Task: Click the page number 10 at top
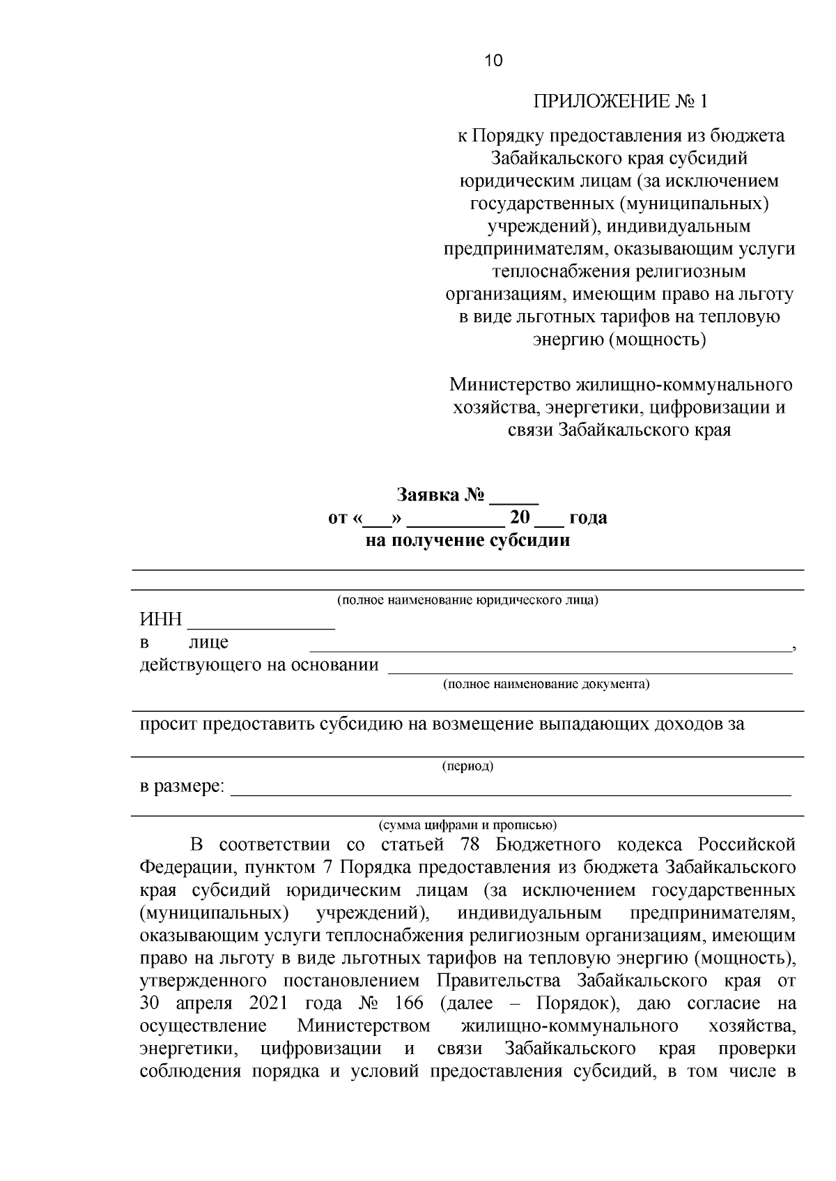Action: (493, 61)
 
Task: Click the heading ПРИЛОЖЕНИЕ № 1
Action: (619, 102)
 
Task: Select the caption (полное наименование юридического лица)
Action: (467, 600)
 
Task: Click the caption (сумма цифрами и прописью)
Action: (467, 825)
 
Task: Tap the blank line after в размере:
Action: (510, 788)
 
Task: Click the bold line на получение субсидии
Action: (467, 540)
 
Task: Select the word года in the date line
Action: (588, 518)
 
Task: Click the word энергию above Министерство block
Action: (568, 340)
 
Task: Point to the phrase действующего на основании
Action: (259, 665)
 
